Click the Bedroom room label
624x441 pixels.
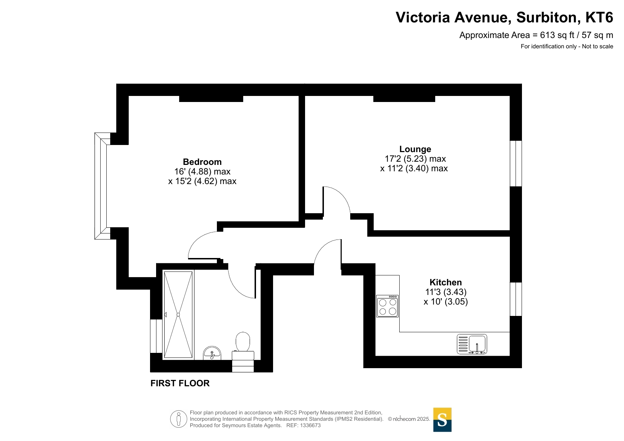pos(202,162)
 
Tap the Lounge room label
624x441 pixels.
pos(415,149)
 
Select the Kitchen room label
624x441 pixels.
pos(446,283)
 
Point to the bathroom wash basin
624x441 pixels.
pos(212,353)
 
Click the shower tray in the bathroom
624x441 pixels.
pos(178,314)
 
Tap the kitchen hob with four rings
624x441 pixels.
pos(388,306)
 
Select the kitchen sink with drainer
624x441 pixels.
pos(472,344)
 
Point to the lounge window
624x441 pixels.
pos(516,163)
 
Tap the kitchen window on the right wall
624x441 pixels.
pos(516,299)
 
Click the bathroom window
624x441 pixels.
pos(156,336)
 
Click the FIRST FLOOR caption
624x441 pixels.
pos(180,383)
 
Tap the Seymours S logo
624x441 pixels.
pos(442,420)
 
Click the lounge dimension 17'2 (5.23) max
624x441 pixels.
pos(415,159)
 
